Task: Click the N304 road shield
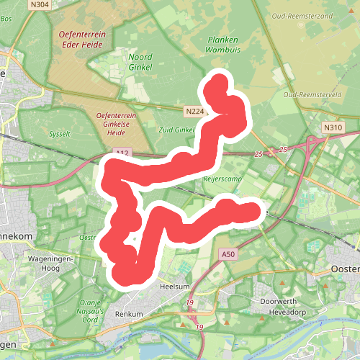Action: coord(40,4)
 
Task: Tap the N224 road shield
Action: coord(193,112)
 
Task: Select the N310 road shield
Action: coord(332,128)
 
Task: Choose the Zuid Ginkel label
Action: coord(176,130)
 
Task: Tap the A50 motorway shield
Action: coord(229,254)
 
